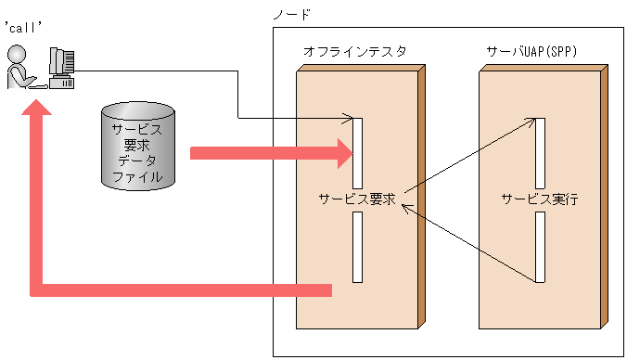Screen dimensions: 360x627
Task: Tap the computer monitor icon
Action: coord(60,67)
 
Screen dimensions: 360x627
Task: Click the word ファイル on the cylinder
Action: coord(137,176)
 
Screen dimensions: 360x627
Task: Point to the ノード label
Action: coord(292,14)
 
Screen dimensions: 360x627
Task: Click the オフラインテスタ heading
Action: coord(354,52)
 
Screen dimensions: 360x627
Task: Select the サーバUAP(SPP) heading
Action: coord(531,52)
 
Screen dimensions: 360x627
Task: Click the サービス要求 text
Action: coord(357,199)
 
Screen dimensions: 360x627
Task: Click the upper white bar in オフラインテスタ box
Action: coord(357,152)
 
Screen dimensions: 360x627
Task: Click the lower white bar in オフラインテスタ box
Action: coord(357,247)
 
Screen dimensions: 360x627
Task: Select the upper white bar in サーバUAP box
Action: coord(539,152)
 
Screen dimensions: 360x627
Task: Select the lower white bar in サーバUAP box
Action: coord(539,247)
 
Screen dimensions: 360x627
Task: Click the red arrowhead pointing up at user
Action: coord(37,113)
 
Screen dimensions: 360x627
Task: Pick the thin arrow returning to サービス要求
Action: coord(468,243)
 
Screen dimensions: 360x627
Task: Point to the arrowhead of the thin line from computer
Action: coord(348,118)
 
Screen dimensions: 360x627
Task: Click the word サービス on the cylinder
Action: coord(137,130)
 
